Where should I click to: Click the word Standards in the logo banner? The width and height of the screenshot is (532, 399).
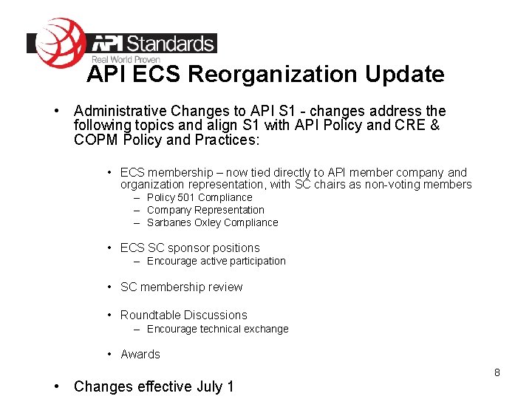coord(171,44)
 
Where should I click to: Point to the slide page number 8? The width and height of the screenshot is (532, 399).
coord(497,372)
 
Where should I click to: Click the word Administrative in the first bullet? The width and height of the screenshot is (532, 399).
coord(121,111)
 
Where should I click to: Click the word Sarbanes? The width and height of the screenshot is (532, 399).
coord(168,222)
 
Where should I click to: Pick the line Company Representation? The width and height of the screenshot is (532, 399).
coord(205,210)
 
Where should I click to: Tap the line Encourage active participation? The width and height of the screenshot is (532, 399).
coord(216,261)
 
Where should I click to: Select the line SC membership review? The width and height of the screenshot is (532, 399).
coord(181,287)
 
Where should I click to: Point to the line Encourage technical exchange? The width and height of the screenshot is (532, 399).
coord(217,329)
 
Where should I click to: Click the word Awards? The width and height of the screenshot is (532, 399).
coord(140,354)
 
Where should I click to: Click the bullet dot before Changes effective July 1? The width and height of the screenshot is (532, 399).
coord(57,386)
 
